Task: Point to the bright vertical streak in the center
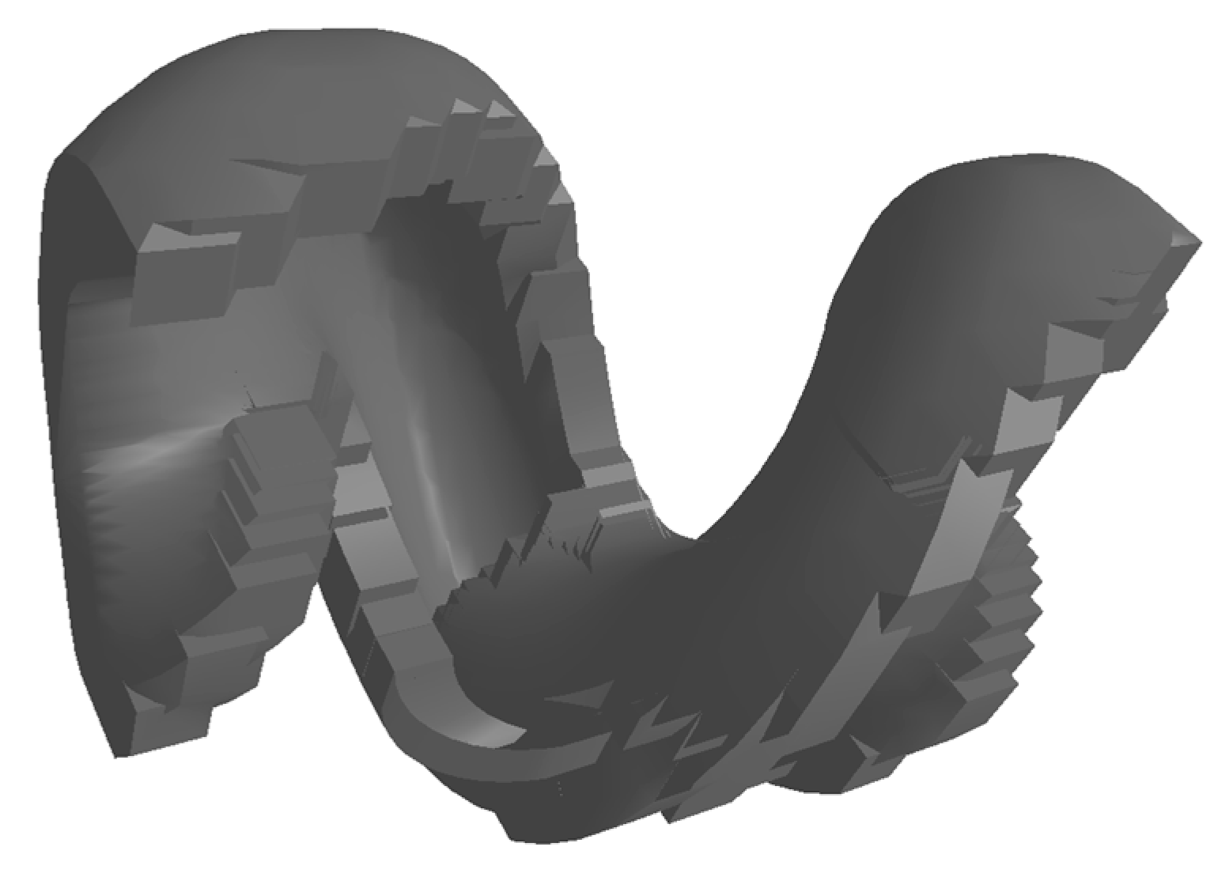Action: pyautogui.click(x=431, y=490)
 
